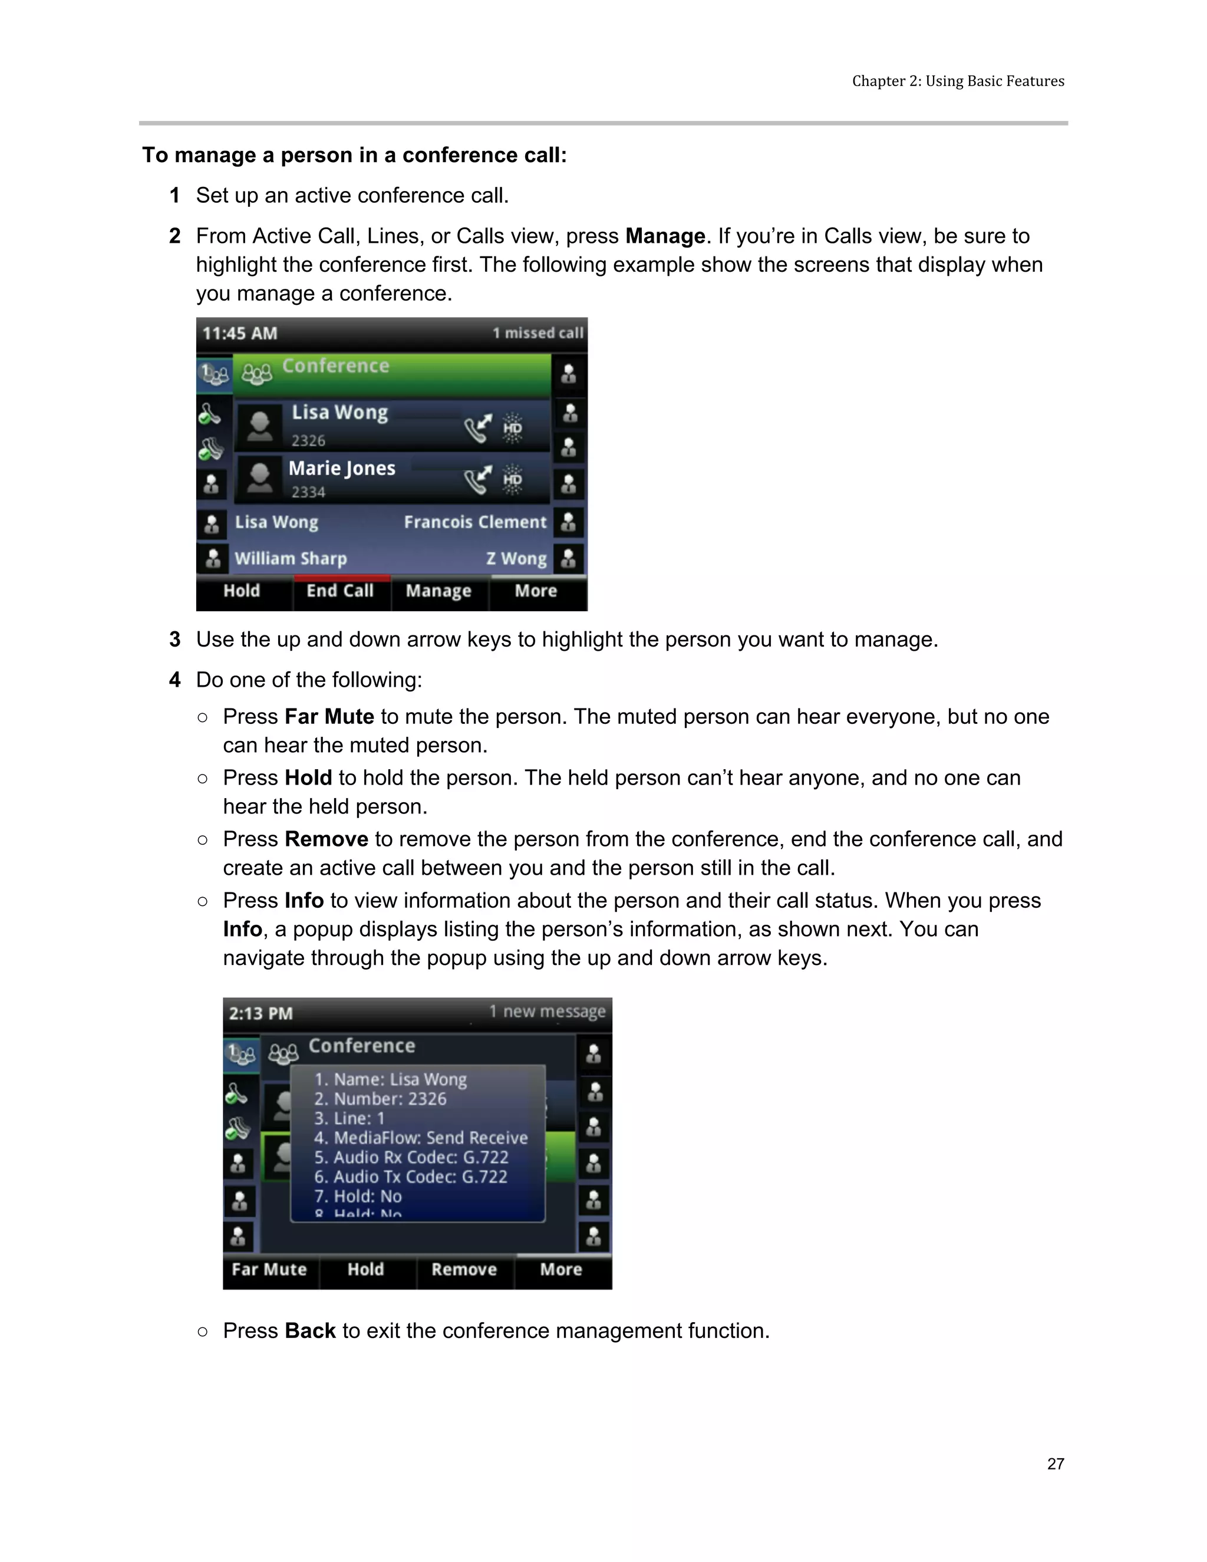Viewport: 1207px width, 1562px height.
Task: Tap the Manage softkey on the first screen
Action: (438, 591)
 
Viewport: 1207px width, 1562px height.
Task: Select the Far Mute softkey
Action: (269, 1270)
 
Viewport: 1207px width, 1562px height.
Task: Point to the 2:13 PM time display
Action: (260, 1013)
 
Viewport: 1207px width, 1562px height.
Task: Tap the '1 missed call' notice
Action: (537, 333)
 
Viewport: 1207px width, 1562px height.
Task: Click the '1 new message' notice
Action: (547, 1012)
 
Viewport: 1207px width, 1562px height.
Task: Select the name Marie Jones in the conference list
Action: (342, 469)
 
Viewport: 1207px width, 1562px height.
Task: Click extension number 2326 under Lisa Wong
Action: (308, 440)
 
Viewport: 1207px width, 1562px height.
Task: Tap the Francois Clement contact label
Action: (475, 523)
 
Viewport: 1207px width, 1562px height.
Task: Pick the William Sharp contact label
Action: (291, 559)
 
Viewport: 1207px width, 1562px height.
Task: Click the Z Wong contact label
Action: (516, 559)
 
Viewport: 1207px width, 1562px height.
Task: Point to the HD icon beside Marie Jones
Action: (512, 480)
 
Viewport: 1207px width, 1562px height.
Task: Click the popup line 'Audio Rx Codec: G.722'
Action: (411, 1158)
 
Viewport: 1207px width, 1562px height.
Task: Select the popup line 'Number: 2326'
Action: (380, 1099)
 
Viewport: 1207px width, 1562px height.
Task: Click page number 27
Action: (1056, 1464)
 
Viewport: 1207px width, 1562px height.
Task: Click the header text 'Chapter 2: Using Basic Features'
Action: (958, 81)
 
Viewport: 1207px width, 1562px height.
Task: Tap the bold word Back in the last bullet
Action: (309, 1331)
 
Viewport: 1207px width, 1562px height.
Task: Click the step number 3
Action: (174, 640)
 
